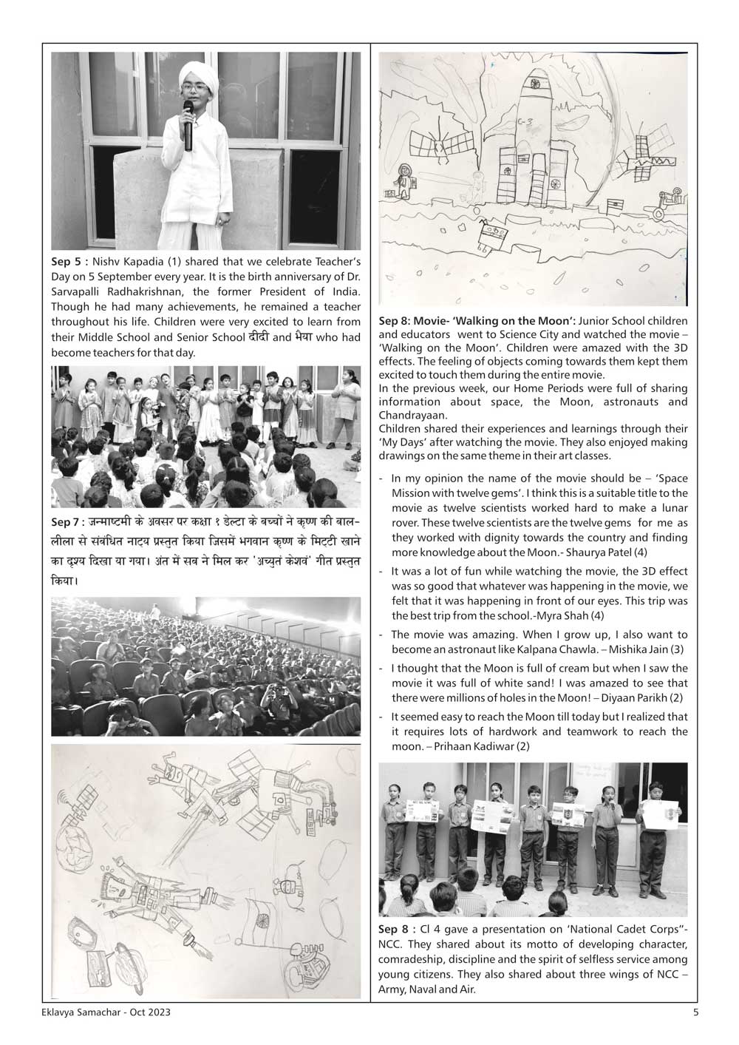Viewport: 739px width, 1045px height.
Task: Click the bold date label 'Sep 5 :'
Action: tap(70, 261)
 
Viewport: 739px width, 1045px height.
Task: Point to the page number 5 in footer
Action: tap(695, 1012)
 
